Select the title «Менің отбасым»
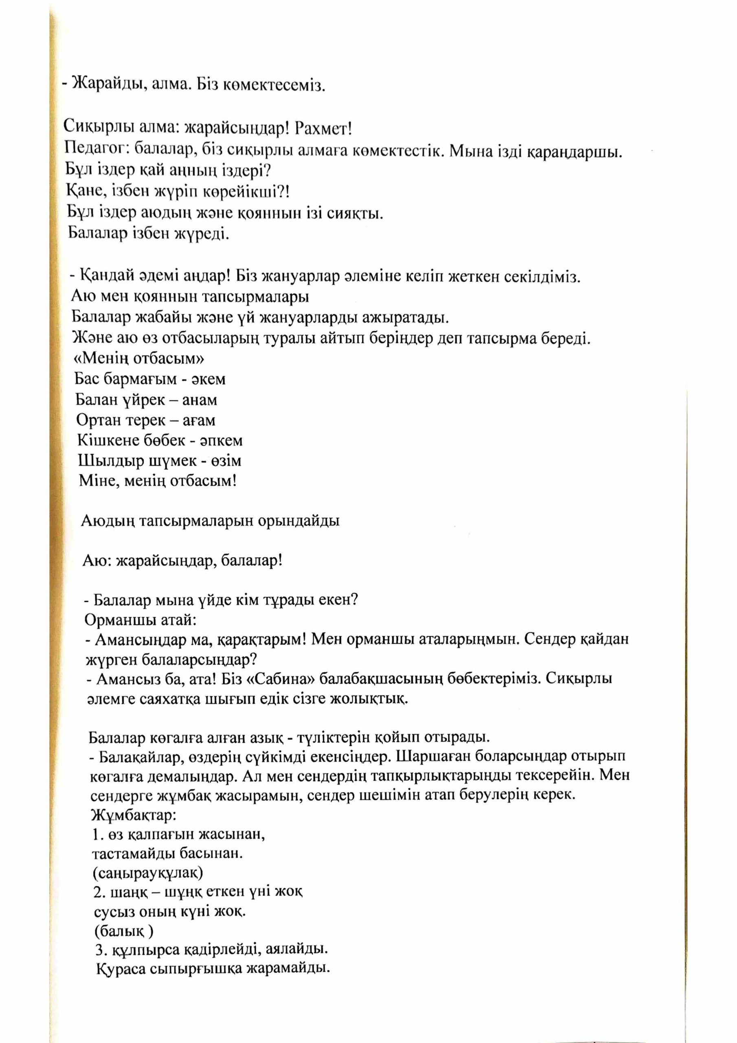coord(138,359)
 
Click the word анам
coord(200,400)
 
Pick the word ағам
coord(199,420)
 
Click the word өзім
coord(226,461)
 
